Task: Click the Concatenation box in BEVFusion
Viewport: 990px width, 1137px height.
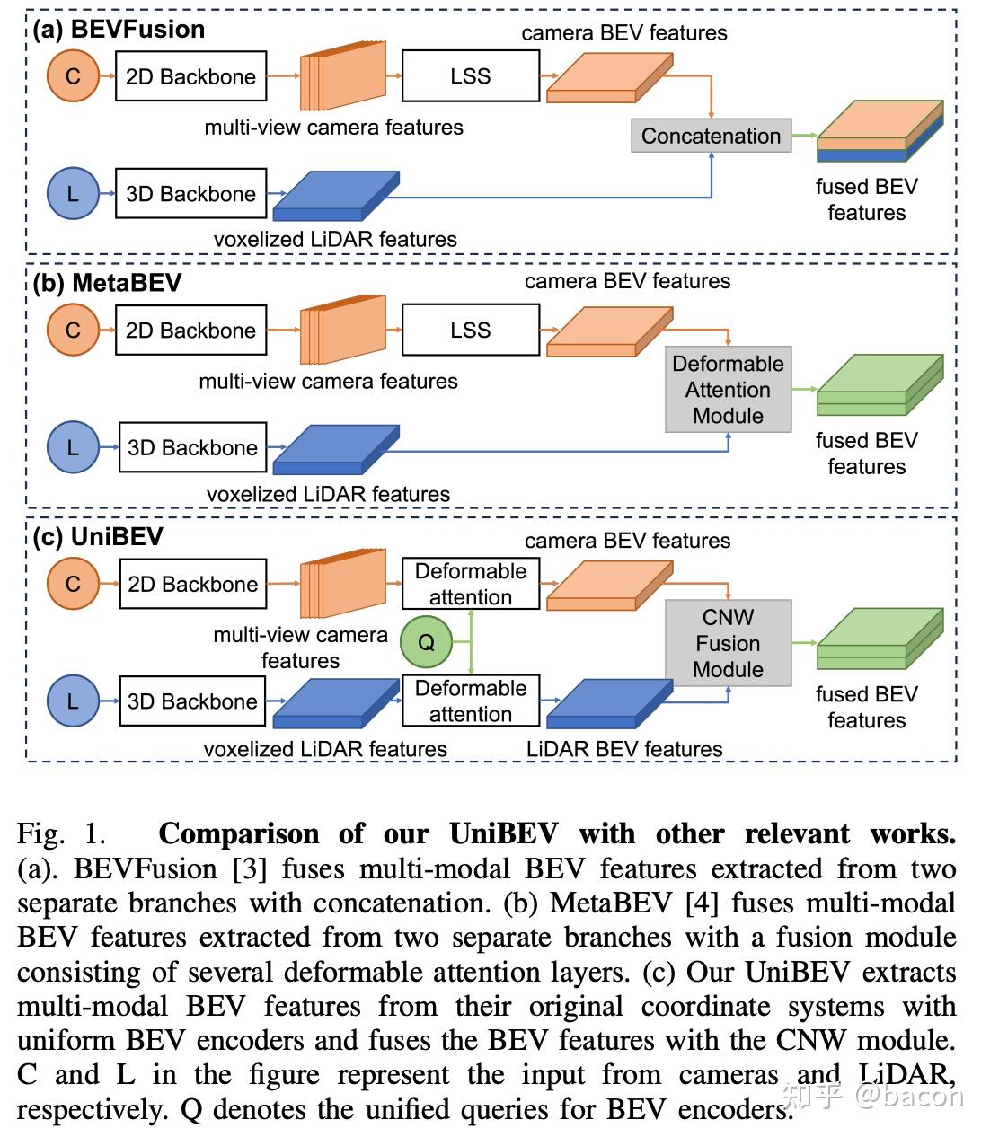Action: click(x=711, y=136)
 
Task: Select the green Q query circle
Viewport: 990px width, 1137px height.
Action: click(x=426, y=641)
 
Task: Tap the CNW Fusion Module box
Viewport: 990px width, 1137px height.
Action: click(x=728, y=643)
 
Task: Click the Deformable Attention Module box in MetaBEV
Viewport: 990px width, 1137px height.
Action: click(x=728, y=390)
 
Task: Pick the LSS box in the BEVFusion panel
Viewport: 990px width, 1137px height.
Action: click(x=470, y=76)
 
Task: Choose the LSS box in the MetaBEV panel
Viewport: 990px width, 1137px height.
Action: click(x=470, y=330)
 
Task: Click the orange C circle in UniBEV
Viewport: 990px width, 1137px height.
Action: click(x=73, y=584)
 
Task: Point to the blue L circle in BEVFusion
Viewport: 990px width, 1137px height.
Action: click(x=73, y=193)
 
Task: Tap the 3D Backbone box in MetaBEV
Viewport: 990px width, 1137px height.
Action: click(x=192, y=447)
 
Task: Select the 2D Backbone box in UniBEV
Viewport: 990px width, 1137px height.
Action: click(x=192, y=584)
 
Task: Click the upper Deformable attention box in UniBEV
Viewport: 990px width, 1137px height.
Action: click(x=470, y=584)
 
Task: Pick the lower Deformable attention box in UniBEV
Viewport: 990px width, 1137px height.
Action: click(x=470, y=701)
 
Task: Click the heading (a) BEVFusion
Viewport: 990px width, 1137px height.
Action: click(x=119, y=30)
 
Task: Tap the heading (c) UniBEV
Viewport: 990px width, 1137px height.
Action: click(x=98, y=537)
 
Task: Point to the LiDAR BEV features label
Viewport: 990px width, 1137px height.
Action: click(x=623, y=749)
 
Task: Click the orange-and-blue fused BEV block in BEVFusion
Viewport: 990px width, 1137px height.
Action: click(x=879, y=133)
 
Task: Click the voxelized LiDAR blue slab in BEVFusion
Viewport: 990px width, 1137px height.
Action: click(x=335, y=196)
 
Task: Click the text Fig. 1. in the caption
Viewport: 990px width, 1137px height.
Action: click(x=61, y=834)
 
